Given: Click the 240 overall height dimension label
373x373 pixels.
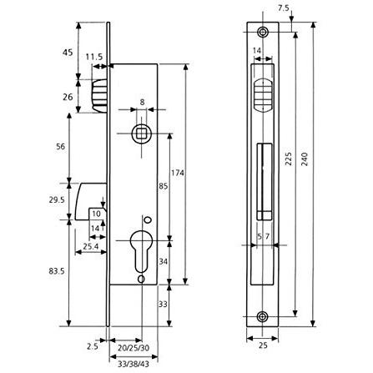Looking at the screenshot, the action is click(305, 159).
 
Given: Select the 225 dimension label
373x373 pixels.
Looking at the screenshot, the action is click(289, 159).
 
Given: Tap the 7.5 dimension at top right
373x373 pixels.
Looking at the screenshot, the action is click(284, 8).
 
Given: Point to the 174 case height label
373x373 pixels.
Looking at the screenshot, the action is click(178, 173).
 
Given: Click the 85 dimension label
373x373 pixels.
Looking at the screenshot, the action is click(164, 186).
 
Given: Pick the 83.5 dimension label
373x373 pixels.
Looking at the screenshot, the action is click(57, 271).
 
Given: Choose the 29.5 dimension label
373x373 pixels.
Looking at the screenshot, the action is click(57, 199).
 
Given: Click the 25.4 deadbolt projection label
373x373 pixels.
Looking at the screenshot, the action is click(91, 246).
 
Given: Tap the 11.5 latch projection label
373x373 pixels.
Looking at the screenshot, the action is click(94, 57).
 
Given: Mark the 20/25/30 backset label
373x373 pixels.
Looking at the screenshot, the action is click(134, 348).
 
